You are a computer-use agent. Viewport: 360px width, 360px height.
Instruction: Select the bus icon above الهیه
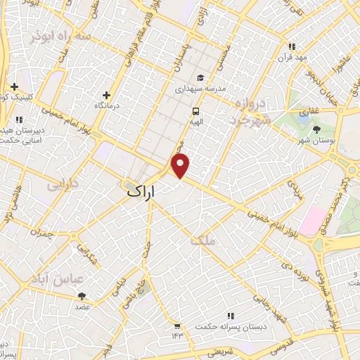pos(195,111)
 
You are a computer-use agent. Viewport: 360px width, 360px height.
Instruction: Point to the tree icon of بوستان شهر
pos(316,129)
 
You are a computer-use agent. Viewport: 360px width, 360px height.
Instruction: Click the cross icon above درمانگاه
pos(107,94)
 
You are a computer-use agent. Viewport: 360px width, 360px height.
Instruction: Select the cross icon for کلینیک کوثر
pos(14,86)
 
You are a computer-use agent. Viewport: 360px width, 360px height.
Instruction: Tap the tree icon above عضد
pos(82,296)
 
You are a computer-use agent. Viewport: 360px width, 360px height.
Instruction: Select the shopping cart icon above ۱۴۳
pos(176,326)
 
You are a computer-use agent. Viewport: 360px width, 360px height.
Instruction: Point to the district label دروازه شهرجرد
pos(252,112)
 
